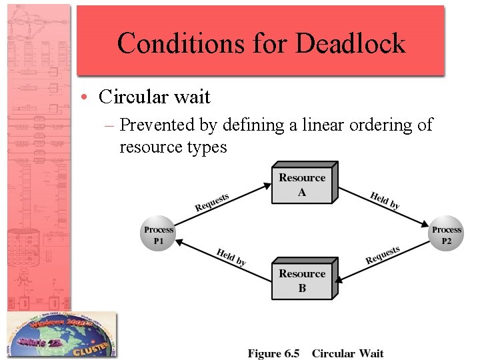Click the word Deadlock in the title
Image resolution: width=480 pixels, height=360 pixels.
(x=350, y=43)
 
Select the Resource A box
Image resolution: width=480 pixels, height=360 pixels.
(x=302, y=184)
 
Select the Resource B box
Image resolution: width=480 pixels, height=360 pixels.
(x=302, y=281)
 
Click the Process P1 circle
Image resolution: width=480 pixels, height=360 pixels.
(x=158, y=235)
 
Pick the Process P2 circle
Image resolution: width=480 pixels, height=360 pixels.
(x=446, y=235)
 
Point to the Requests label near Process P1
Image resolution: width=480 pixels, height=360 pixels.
(x=212, y=202)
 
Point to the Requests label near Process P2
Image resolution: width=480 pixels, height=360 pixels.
(x=383, y=255)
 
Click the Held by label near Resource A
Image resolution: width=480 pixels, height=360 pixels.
(x=385, y=201)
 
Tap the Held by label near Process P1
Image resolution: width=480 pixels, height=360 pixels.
(x=231, y=257)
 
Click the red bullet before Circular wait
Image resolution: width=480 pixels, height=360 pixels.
(x=88, y=97)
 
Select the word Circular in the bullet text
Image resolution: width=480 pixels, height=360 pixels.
(x=129, y=97)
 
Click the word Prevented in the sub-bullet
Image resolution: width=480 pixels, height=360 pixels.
(x=161, y=125)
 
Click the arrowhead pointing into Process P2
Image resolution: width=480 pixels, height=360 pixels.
(x=427, y=225)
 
